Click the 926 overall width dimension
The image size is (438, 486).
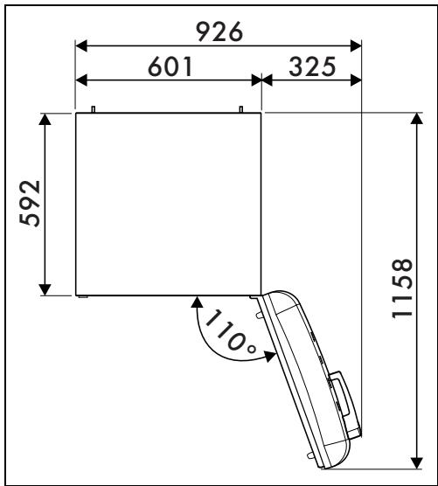219,31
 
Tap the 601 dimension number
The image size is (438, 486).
170,66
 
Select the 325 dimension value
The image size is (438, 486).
312,66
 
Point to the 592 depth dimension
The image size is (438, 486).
30,204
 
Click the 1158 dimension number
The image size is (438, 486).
402,288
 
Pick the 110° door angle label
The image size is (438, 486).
230,331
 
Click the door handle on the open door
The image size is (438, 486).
339,393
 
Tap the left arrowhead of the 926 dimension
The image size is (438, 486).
81,45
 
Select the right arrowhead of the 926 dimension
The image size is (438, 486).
356,45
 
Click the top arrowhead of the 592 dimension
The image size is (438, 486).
45,120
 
